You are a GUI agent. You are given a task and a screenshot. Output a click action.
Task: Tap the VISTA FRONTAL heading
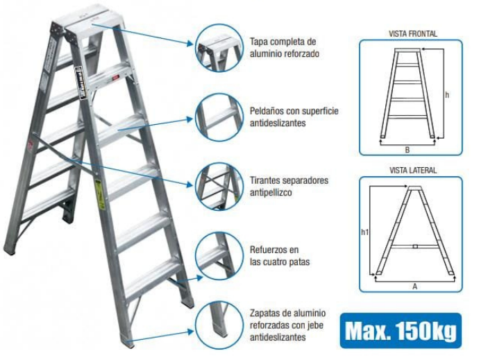(x=412, y=33)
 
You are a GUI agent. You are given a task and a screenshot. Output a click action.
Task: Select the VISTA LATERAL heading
(x=412, y=171)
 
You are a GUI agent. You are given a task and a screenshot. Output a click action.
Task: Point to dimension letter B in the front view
(x=407, y=148)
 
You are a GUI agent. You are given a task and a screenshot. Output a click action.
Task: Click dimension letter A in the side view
(x=414, y=284)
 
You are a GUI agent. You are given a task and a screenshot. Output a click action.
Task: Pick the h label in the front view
(x=448, y=94)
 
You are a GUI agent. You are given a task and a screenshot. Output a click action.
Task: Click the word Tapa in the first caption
(x=259, y=42)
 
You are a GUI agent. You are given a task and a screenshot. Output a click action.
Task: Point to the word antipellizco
(x=271, y=193)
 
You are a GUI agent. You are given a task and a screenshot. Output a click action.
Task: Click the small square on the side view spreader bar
(x=414, y=245)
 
